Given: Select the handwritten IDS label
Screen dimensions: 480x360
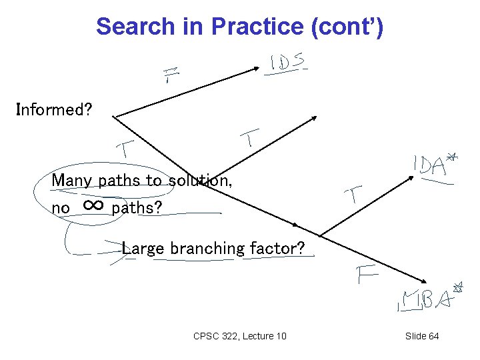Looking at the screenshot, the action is click(287, 63).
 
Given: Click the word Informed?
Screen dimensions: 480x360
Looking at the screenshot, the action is click(53, 109).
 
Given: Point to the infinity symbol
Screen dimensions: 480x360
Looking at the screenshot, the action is click(94, 205).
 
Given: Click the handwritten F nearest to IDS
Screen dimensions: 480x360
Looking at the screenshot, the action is click(172, 75).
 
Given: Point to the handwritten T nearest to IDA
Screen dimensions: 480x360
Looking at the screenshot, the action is click(353, 195).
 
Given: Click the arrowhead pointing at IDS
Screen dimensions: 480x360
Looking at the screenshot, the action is click(259, 66).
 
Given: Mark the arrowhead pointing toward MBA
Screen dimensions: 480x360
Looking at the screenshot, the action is click(421, 283).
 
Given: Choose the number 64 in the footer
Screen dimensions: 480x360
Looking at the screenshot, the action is click(433, 336).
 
